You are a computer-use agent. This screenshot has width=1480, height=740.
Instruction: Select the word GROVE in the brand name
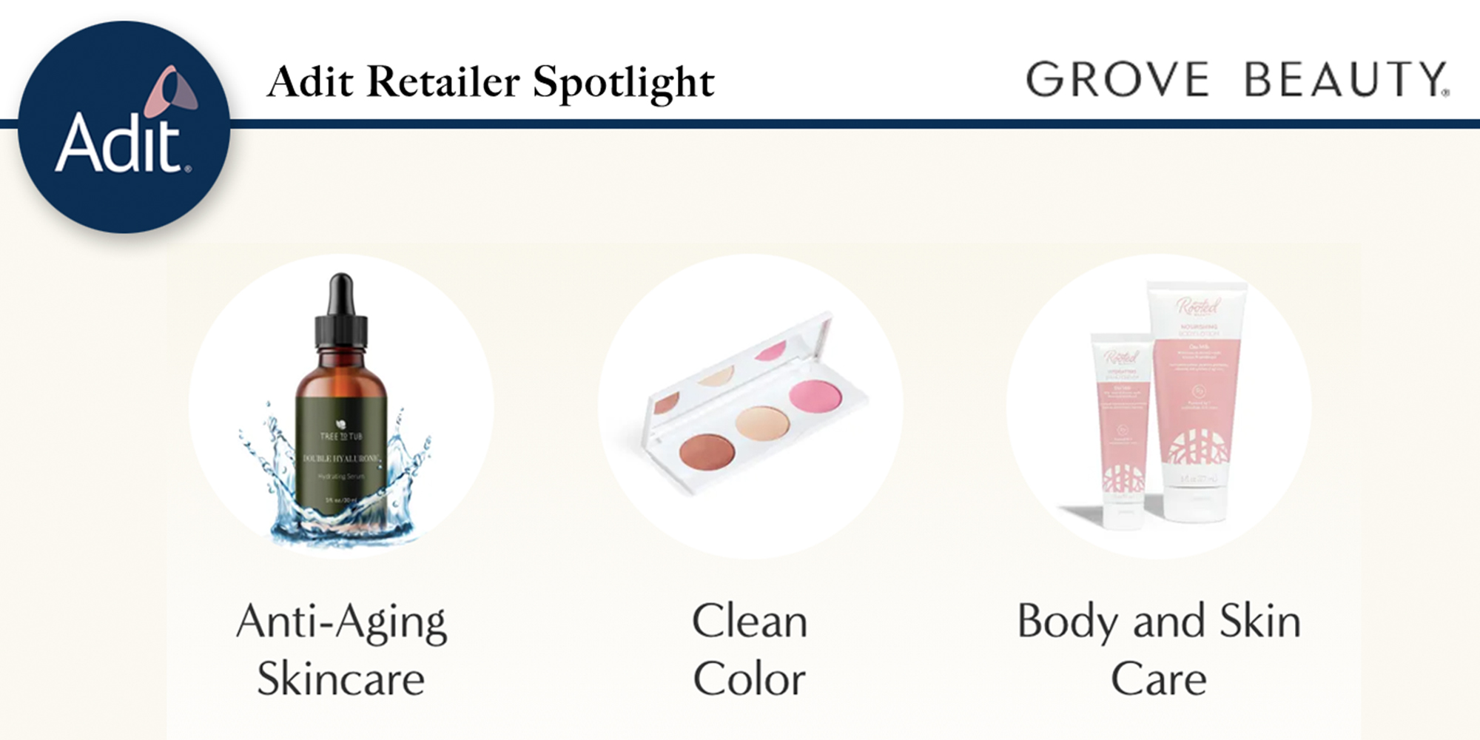coord(1117,79)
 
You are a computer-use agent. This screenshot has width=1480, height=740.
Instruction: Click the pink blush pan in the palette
coord(816,394)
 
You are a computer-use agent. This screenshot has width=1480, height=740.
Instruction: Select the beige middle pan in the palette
coord(762,424)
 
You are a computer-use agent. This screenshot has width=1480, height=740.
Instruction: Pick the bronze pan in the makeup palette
coord(707,452)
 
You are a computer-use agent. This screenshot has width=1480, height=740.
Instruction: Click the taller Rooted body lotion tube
coord(1197,400)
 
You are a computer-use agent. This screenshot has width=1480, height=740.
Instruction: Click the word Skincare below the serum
coord(341,679)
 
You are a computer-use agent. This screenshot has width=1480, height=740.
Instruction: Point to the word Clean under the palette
coord(749,621)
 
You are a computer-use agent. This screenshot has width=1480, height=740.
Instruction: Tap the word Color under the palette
coord(749,679)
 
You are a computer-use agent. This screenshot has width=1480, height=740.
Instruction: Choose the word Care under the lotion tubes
coord(1158,679)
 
